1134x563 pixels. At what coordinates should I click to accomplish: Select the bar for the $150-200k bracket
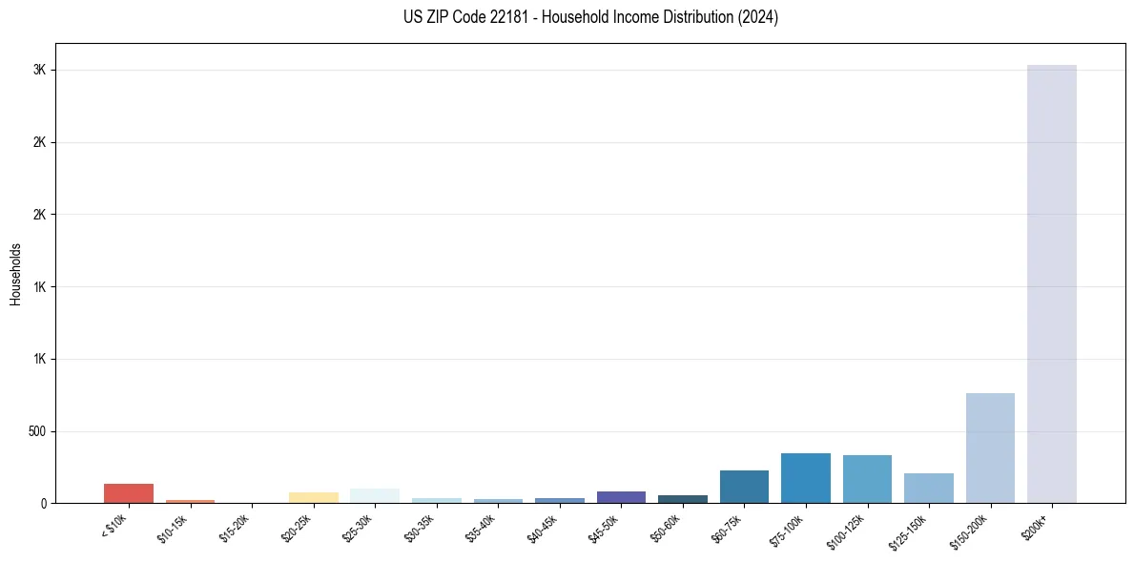(x=990, y=448)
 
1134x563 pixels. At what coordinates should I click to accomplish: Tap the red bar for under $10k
(x=129, y=492)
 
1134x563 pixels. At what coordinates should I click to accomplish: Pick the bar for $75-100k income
(x=805, y=478)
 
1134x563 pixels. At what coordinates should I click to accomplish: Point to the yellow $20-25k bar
(x=313, y=497)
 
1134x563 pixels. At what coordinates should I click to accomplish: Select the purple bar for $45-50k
(x=621, y=497)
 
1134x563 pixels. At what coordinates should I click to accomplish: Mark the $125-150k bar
(x=928, y=488)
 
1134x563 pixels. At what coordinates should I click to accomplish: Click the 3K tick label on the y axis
(x=39, y=71)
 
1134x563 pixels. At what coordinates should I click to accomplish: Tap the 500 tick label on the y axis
(x=36, y=431)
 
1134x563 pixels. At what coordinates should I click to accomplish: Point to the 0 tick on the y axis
(x=44, y=504)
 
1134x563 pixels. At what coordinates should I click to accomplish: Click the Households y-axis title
(x=15, y=274)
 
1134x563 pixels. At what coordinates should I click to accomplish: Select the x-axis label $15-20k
(x=235, y=526)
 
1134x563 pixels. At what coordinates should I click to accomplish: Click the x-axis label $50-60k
(x=665, y=526)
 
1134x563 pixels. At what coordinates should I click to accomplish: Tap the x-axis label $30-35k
(x=420, y=526)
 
